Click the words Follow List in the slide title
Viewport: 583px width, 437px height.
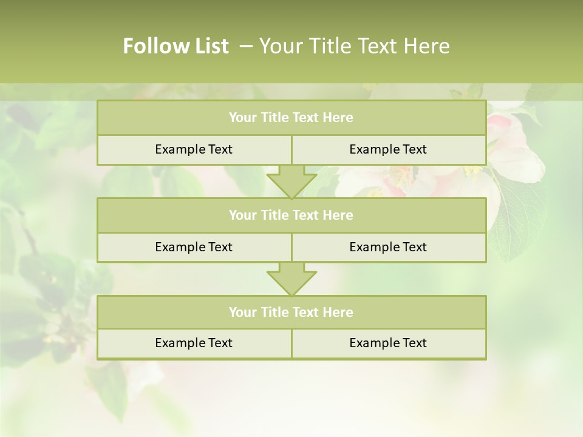click(x=176, y=46)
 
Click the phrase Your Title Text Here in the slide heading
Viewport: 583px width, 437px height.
click(x=355, y=46)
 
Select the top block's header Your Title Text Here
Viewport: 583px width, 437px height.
click(x=291, y=118)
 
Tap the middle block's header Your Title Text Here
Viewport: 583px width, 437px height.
click(x=291, y=215)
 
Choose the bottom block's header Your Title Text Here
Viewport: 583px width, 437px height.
click(x=291, y=312)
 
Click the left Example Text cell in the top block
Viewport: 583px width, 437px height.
click(x=194, y=149)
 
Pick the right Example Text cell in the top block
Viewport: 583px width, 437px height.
click(x=388, y=149)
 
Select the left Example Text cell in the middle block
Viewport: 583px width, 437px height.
click(x=194, y=247)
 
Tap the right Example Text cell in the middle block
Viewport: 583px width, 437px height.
click(x=388, y=247)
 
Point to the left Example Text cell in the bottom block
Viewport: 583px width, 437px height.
click(x=194, y=343)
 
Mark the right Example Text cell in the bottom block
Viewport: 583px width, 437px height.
click(x=388, y=343)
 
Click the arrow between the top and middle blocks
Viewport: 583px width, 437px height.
click(x=291, y=181)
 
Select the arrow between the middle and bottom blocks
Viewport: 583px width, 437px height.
click(x=291, y=279)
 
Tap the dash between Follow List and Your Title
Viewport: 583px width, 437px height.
click(x=246, y=46)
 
